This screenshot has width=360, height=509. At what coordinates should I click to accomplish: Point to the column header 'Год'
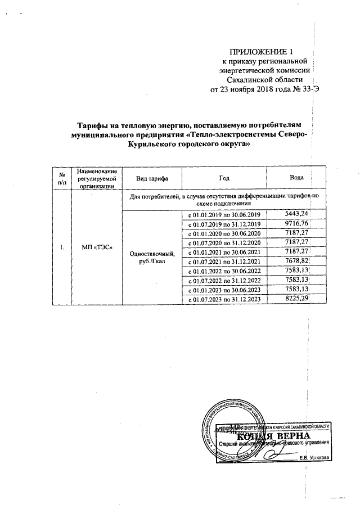pos(224,178)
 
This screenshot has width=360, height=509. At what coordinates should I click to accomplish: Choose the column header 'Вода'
pos(296,178)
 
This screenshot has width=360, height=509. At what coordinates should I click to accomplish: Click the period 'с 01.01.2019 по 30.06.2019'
pos(224,215)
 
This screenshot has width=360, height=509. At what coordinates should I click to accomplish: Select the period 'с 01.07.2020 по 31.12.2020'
pos(224,243)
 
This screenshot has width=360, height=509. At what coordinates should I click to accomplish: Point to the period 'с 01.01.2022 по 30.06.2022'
pos(224,271)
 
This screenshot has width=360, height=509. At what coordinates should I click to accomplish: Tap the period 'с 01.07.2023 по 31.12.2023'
pos(224,300)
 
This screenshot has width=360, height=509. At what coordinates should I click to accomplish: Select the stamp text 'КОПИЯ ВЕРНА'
pos(273,436)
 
